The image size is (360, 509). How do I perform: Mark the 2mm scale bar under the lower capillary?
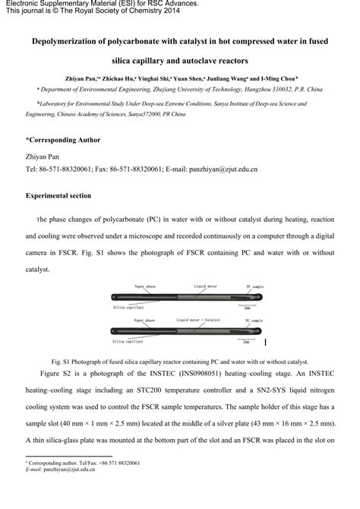point(250,339)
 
